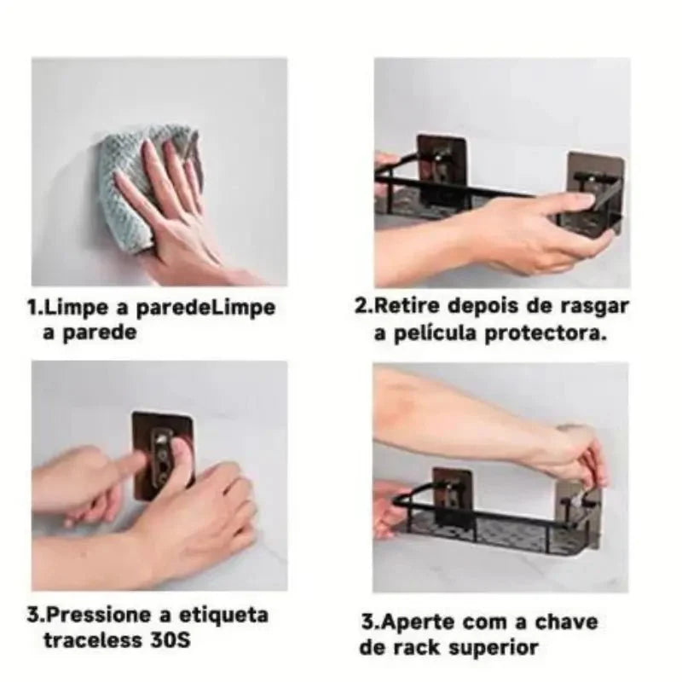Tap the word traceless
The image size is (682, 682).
pyautogui.click(x=93, y=639)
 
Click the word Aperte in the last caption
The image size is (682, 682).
pyautogui.click(x=434, y=622)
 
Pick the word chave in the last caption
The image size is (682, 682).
pyautogui.click(x=568, y=622)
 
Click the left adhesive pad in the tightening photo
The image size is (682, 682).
pyautogui.click(x=453, y=494)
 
